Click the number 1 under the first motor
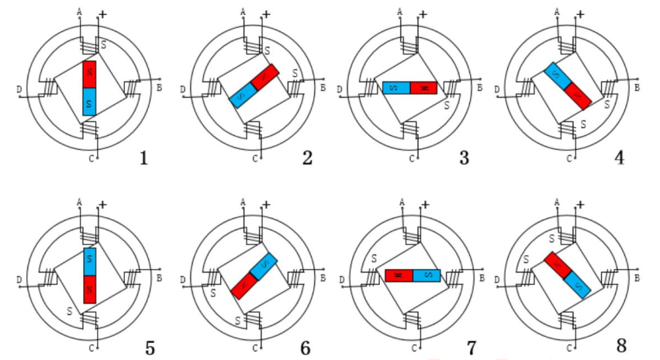143,158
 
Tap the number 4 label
619,158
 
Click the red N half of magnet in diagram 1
90,75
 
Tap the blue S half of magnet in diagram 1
90,102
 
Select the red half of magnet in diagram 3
423,88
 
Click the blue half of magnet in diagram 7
427,275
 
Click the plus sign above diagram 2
266,14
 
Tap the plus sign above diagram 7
424,205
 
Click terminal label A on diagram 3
399,11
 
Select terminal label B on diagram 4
637,87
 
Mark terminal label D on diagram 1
19,90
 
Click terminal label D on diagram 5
19,279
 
